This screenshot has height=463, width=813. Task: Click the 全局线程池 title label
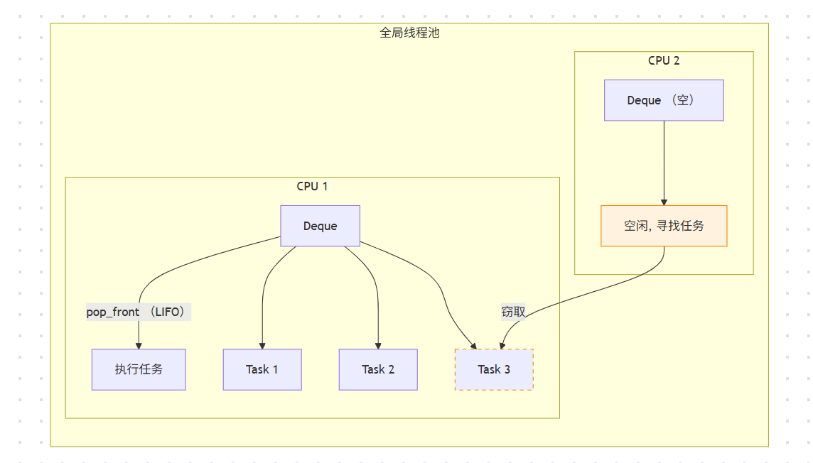click(409, 33)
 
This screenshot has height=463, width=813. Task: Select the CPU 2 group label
click(664, 60)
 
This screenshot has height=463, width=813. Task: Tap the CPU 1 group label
click(312, 187)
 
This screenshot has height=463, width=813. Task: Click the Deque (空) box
click(664, 100)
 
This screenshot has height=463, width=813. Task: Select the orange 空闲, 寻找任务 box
click(664, 226)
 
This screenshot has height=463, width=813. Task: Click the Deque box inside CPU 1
click(320, 226)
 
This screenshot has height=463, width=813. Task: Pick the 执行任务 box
click(139, 369)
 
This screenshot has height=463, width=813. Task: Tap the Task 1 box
click(262, 369)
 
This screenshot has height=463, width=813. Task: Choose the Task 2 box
click(378, 369)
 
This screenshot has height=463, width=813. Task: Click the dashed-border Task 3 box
click(494, 369)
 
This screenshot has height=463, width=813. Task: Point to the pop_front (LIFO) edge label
click(139, 312)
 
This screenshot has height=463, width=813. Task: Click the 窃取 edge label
click(513, 312)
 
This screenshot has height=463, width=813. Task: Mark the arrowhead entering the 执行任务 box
click(139, 344)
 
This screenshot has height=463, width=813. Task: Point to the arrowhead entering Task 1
click(262, 344)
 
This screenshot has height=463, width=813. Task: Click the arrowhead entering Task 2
click(378, 344)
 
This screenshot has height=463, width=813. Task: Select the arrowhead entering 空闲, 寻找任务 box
click(664, 201)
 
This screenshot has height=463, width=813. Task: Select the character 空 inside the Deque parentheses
click(684, 100)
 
